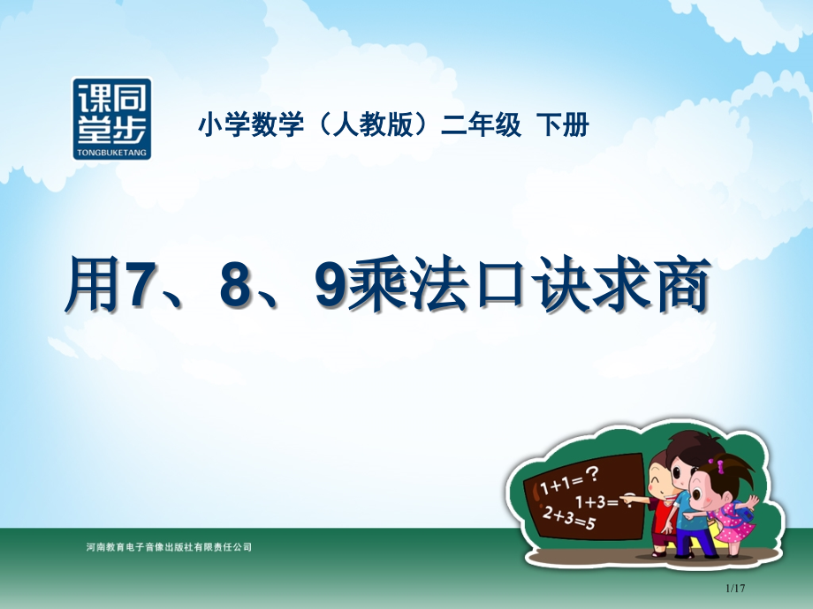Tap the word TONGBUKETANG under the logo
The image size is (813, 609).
(111, 153)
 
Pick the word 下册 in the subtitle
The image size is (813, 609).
(563, 126)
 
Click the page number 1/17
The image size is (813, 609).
(735, 589)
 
